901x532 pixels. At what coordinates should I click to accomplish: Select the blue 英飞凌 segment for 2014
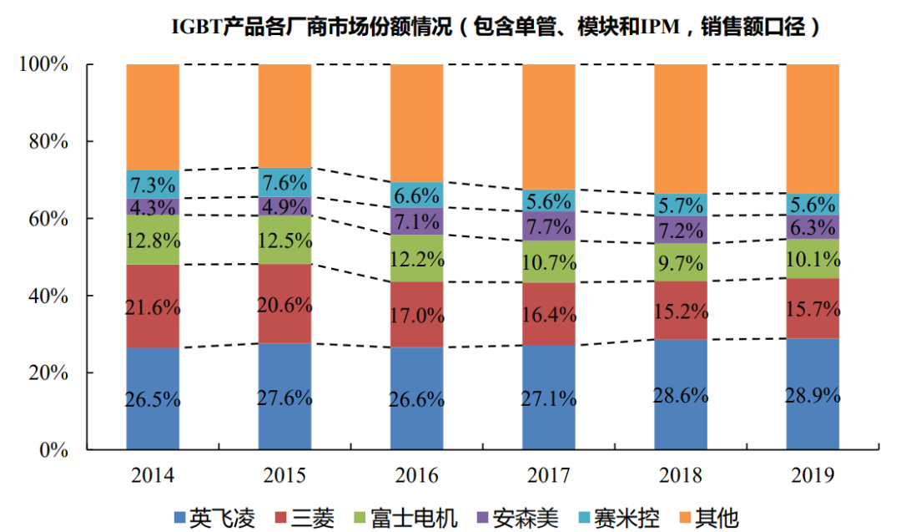pos(154,398)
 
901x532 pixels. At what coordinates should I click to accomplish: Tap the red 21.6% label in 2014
pos(154,307)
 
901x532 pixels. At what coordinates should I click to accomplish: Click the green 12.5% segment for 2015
pos(284,241)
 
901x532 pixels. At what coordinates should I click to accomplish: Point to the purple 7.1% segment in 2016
pos(416,221)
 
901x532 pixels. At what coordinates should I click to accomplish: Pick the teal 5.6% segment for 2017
pos(548,201)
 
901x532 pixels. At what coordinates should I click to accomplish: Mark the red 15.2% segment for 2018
pos(680,311)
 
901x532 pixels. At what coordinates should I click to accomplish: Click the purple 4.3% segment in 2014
pos(154,206)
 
